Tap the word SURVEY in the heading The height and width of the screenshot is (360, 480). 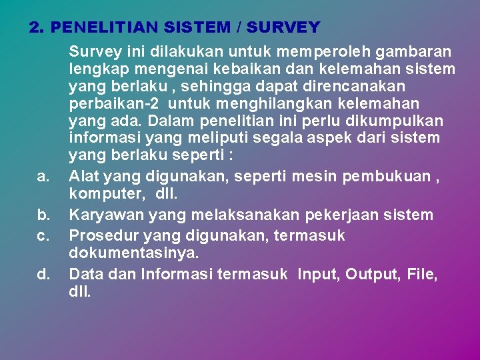point(283,28)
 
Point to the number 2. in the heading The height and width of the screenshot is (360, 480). point(37,28)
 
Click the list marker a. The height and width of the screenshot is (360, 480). point(43,177)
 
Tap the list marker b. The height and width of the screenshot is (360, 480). point(43,215)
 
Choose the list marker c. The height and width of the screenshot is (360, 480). point(43,235)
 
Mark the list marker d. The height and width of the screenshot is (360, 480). point(43,273)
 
